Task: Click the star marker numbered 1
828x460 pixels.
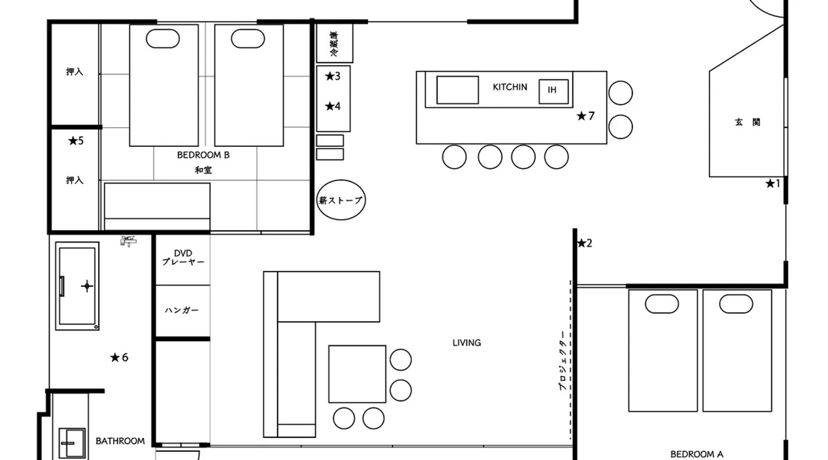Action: pyautogui.click(x=772, y=184)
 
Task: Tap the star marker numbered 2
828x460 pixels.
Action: pyautogui.click(x=584, y=243)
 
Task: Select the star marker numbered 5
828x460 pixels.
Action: pyautogui.click(x=76, y=141)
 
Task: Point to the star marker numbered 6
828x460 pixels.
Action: pyautogui.click(x=119, y=357)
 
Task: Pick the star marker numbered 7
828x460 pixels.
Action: pyautogui.click(x=586, y=116)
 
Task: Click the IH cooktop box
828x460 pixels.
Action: pyautogui.click(x=553, y=91)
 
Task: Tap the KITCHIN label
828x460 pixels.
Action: pyautogui.click(x=510, y=87)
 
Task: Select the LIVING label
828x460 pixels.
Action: pyautogui.click(x=466, y=343)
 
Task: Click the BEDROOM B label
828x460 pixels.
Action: pyautogui.click(x=203, y=155)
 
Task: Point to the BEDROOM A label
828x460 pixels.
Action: pyautogui.click(x=696, y=454)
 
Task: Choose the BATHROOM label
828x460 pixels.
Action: pyautogui.click(x=120, y=441)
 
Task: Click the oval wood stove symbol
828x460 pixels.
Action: pyautogui.click(x=341, y=200)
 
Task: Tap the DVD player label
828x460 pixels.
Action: pyautogui.click(x=183, y=258)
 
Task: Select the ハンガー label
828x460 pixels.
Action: pyautogui.click(x=182, y=310)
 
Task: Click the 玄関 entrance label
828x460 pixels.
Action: pyautogui.click(x=747, y=122)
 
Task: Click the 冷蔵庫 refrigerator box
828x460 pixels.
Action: pyautogui.click(x=334, y=43)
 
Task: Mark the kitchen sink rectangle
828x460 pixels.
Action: pyautogui.click(x=458, y=90)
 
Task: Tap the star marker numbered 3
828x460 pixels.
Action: pyautogui.click(x=333, y=76)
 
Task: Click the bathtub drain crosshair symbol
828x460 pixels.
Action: pyautogui.click(x=87, y=286)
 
